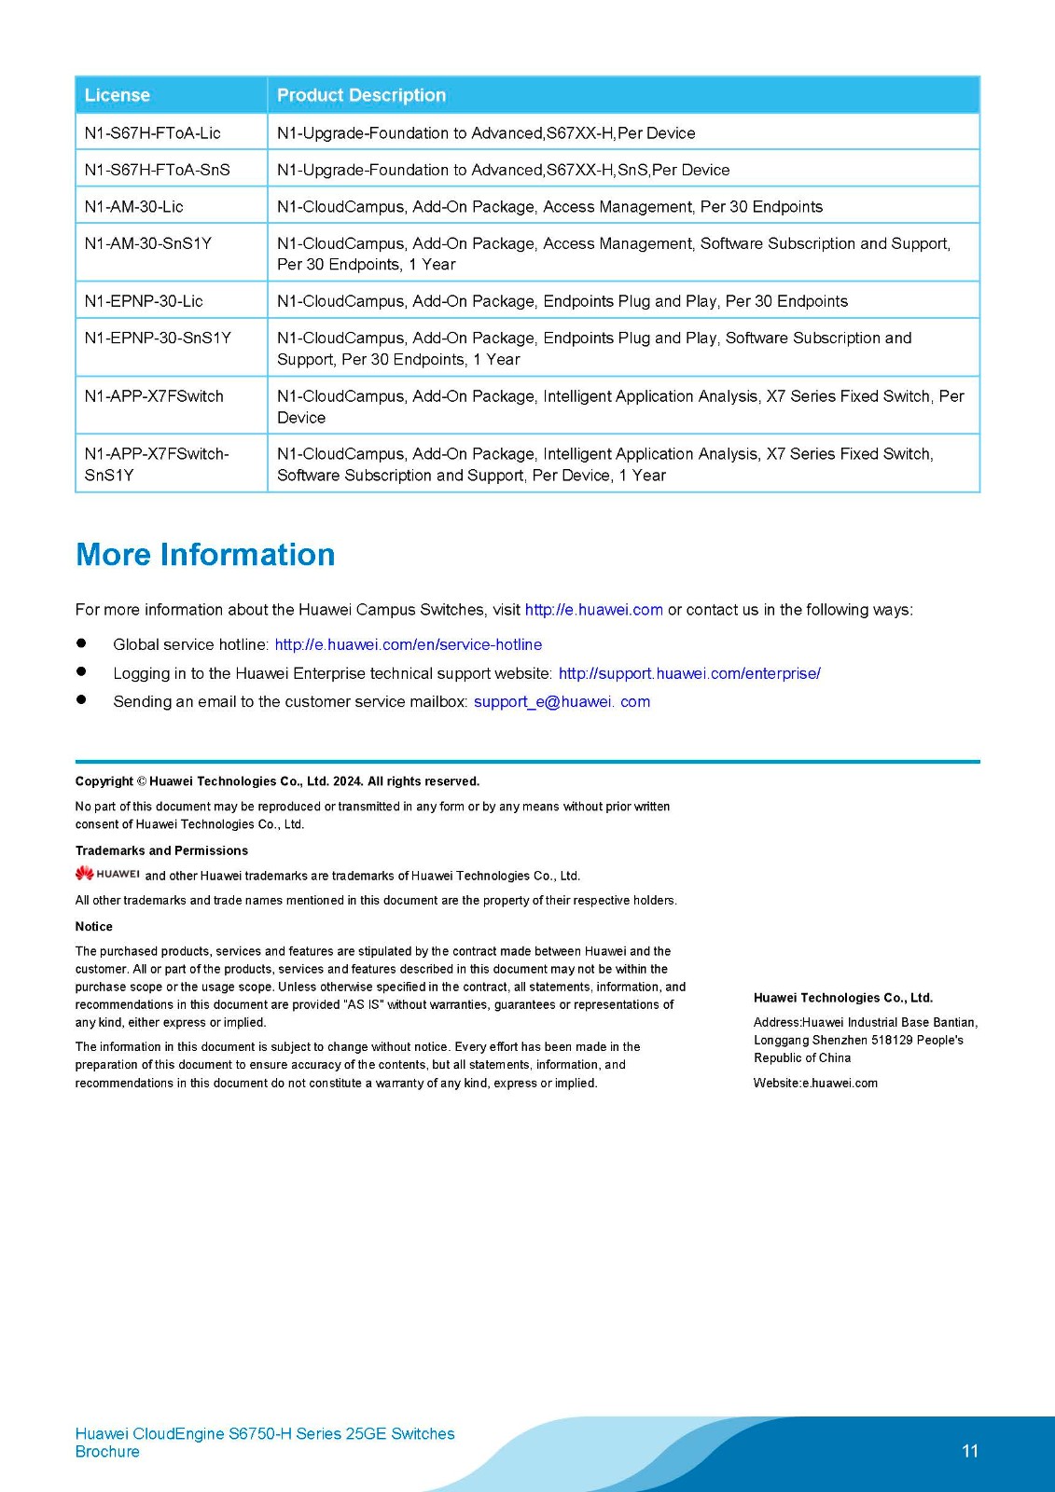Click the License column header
click(118, 95)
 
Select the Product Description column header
click(361, 95)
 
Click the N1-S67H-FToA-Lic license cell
click(152, 132)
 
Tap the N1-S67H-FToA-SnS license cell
click(157, 170)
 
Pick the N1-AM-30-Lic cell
click(133, 206)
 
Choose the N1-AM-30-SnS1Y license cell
click(147, 243)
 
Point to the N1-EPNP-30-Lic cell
click(144, 301)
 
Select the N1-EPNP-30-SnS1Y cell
click(158, 338)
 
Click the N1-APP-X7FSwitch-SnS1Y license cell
click(156, 463)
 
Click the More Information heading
click(205, 555)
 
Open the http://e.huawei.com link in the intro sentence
click(593, 610)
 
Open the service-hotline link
click(408, 644)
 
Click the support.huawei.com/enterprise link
click(689, 673)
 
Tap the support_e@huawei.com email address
click(562, 701)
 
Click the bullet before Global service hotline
click(81, 643)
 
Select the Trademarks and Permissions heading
click(161, 850)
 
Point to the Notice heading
click(94, 926)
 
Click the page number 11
click(970, 1451)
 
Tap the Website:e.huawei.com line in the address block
click(815, 1083)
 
